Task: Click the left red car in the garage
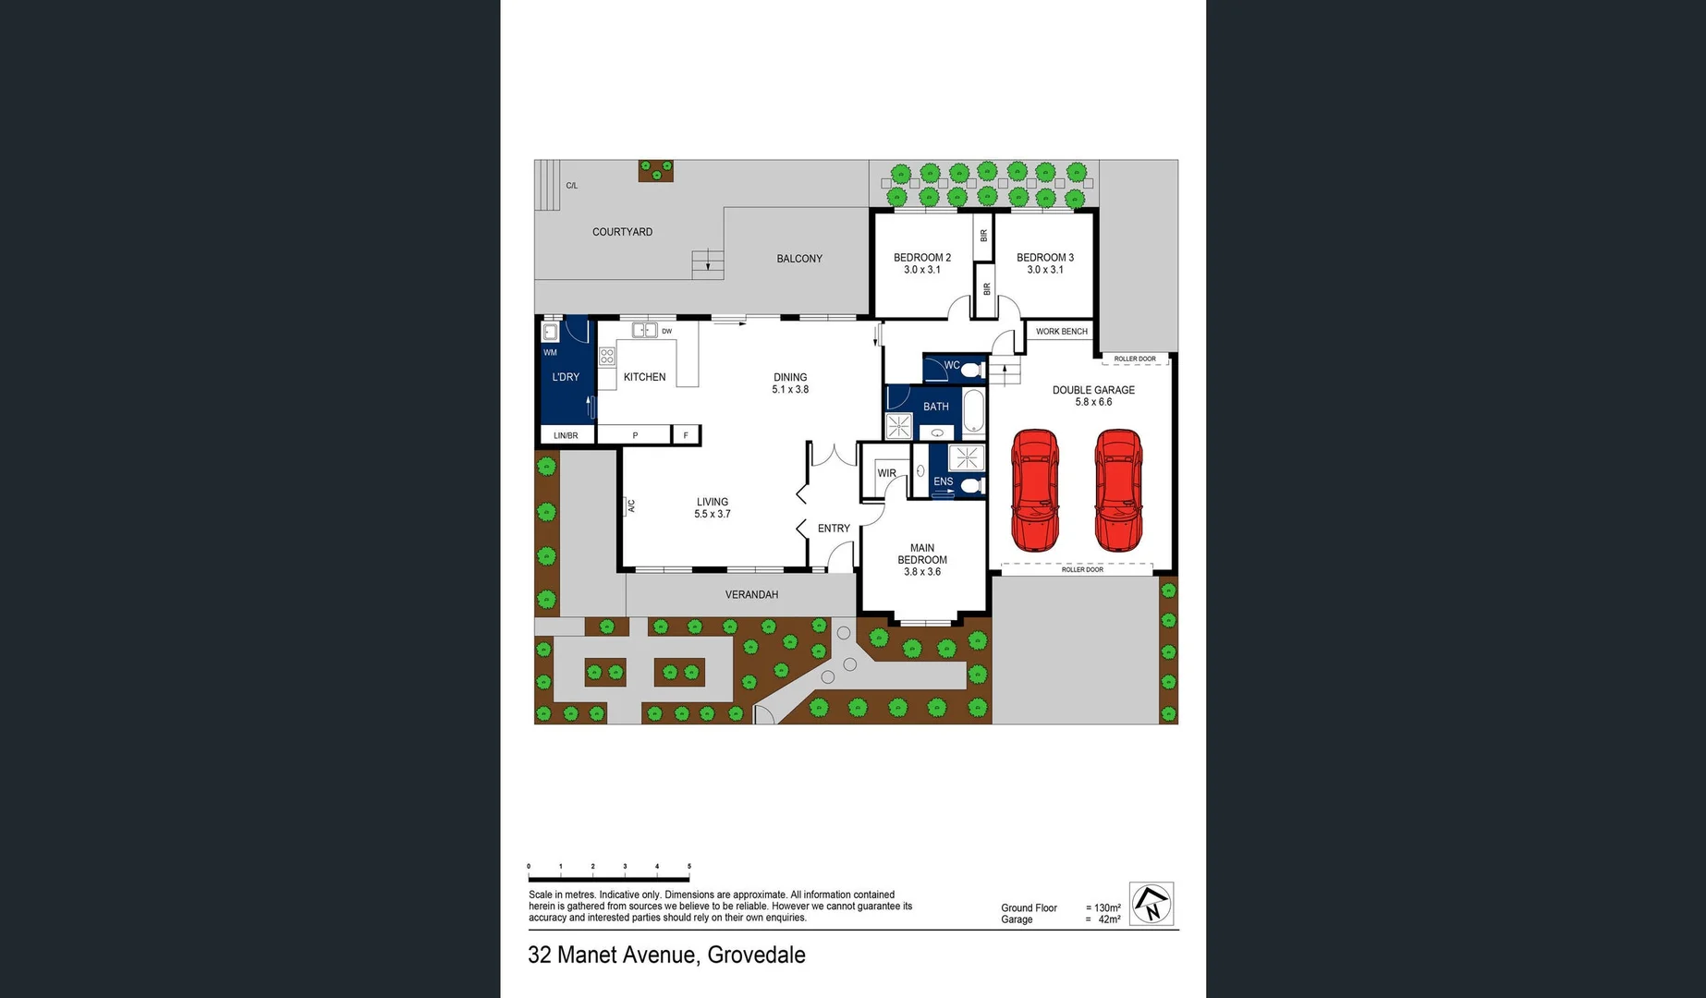click(x=1035, y=490)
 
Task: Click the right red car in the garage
click(x=1118, y=490)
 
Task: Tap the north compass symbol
click(x=1152, y=903)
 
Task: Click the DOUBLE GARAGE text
click(x=1093, y=390)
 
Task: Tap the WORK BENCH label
click(x=1061, y=331)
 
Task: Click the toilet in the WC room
click(x=971, y=370)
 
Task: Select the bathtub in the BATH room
click(x=974, y=410)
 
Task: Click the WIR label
click(x=886, y=473)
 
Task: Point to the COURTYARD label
click(x=622, y=232)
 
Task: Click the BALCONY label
click(x=798, y=259)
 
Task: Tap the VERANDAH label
click(x=750, y=594)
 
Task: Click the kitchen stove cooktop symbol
click(x=607, y=357)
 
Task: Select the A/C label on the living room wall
click(x=632, y=505)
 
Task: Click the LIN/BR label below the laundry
click(x=566, y=435)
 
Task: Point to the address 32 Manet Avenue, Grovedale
click(x=666, y=955)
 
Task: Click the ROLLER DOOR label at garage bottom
click(x=1081, y=569)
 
